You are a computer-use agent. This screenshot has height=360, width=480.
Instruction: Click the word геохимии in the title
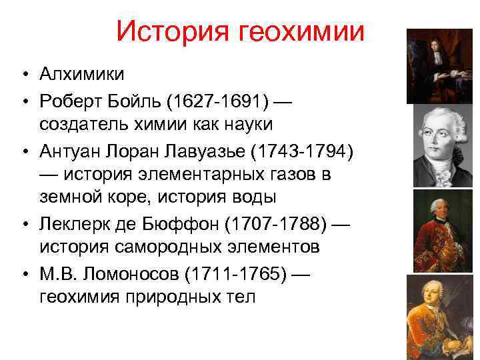[307, 31]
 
